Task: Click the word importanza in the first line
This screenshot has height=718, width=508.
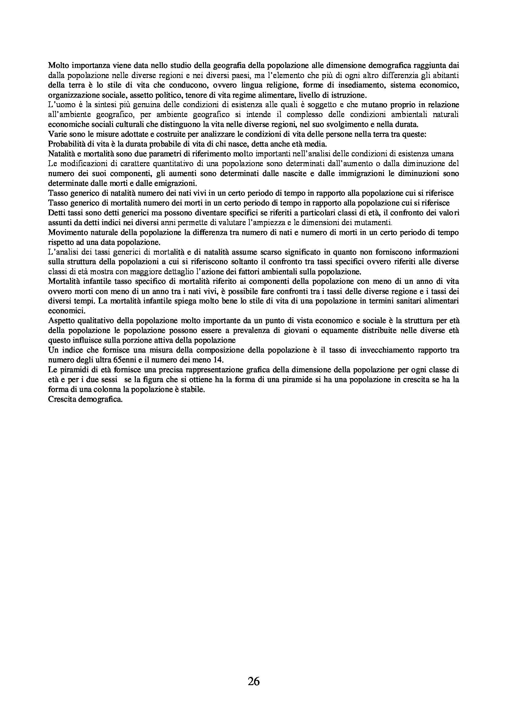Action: pyautogui.click(x=88, y=65)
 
